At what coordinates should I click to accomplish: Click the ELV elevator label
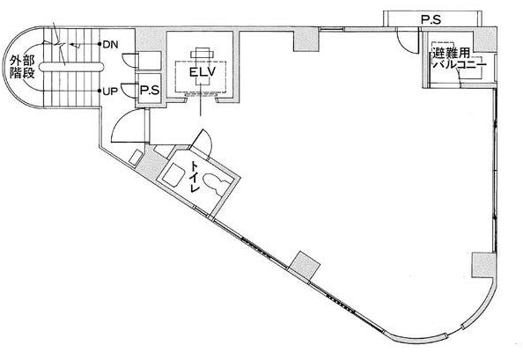tap(203, 72)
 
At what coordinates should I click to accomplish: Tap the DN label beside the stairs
tap(110, 45)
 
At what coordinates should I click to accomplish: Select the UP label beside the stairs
tap(110, 92)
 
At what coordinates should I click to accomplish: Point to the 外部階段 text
tap(22, 67)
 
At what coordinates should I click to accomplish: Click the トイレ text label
tap(195, 176)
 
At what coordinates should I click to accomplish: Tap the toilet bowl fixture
tap(216, 184)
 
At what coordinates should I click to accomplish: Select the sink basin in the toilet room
tap(173, 174)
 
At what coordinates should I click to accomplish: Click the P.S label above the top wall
tap(431, 19)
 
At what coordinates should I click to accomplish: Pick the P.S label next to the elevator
tap(150, 90)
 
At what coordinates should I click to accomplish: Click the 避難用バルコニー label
tap(458, 59)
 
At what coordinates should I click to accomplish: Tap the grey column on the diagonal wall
tap(304, 266)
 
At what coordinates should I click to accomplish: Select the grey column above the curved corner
tap(483, 265)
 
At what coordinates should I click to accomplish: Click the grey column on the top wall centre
tap(306, 40)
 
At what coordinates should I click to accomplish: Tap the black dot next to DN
tap(99, 44)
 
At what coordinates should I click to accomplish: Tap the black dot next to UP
tap(99, 91)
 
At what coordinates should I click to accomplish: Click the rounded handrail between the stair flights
tap(70, 67)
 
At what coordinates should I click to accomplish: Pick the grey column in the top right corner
tap(485, 40)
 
